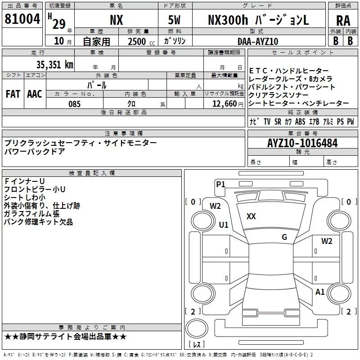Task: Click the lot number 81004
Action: tap(22, 19)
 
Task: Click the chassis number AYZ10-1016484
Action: tap(302, 143)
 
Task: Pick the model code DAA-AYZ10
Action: tap(258, 41)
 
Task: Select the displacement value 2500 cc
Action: tap(139, 41)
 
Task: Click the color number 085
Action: tap(74, 104)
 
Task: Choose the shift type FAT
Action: tap(13, 94)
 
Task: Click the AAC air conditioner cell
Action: tap(35, 94)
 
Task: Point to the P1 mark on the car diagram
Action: tap(220, 184)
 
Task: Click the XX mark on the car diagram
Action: tap(251, 216)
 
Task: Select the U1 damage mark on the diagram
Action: tap(224, 225)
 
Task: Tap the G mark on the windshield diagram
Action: tap(284, 237)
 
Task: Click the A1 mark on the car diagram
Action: tap(320, 292)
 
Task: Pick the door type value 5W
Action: tap(175, 20)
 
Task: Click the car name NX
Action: tap(116, 20)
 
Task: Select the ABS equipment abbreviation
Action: tap(300, 121)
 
